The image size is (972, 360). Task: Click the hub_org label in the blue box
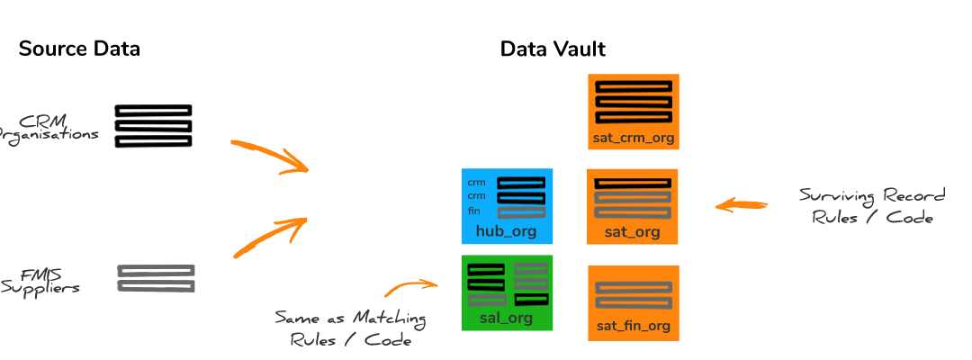pyautogui.click(x=506, y=232)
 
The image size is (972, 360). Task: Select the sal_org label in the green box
pyautogui.click(x=506, y=318)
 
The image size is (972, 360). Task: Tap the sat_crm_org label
pyautogui.click(x=633, y=139)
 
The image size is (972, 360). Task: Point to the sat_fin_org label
pyautogui.click(x=633, y=326)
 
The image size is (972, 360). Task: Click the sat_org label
pyautogui.click(x=633, y=232)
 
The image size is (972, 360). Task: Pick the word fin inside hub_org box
pyautogui.click(x=474, y=211)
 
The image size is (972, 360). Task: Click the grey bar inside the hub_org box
pyautogui.click(x=521, y=212)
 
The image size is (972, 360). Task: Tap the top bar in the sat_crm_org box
pyautogui.click(x=633, y=86)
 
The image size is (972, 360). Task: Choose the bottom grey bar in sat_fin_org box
pyautogui.click(x=633, y=304)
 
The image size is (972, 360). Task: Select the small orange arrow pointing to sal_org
pyautogui.click(x=410, y=287)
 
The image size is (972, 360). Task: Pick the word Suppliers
pyautogui.click(x=40, y=288)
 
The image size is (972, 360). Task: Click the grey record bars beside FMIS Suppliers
pyautogui.click(x=156, y=278)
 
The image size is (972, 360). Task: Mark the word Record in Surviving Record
pyautogui.click(x=914, y=196)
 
